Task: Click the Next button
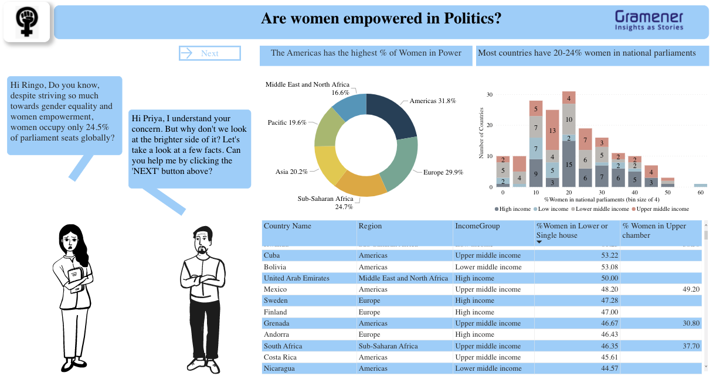tap(209, 53)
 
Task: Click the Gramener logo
tap(649, 20)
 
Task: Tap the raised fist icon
tap(26, 23)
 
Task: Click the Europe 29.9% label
tap(443, 172)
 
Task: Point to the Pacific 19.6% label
tap(287, 122)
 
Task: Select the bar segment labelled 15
tap(569, 164)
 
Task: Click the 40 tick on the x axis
tap(635, 192)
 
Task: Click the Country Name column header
tap(287, 226)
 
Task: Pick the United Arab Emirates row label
tap(296, 278)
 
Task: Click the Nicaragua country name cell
tap(279, 368)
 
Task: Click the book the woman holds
tap(74, 278)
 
